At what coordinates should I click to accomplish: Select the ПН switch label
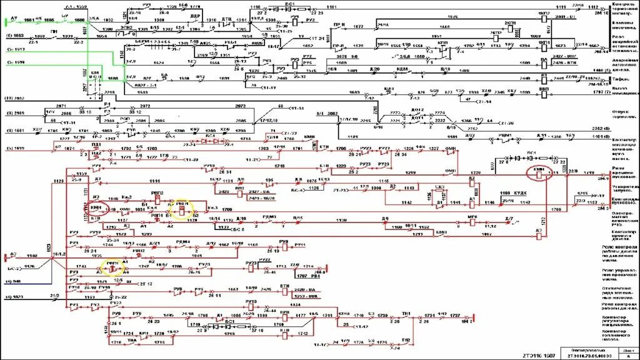54,31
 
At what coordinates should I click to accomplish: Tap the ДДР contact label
194,15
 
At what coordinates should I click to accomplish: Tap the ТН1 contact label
406,313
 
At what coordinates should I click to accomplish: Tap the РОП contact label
124,117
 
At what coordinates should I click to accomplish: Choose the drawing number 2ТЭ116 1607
536,355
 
